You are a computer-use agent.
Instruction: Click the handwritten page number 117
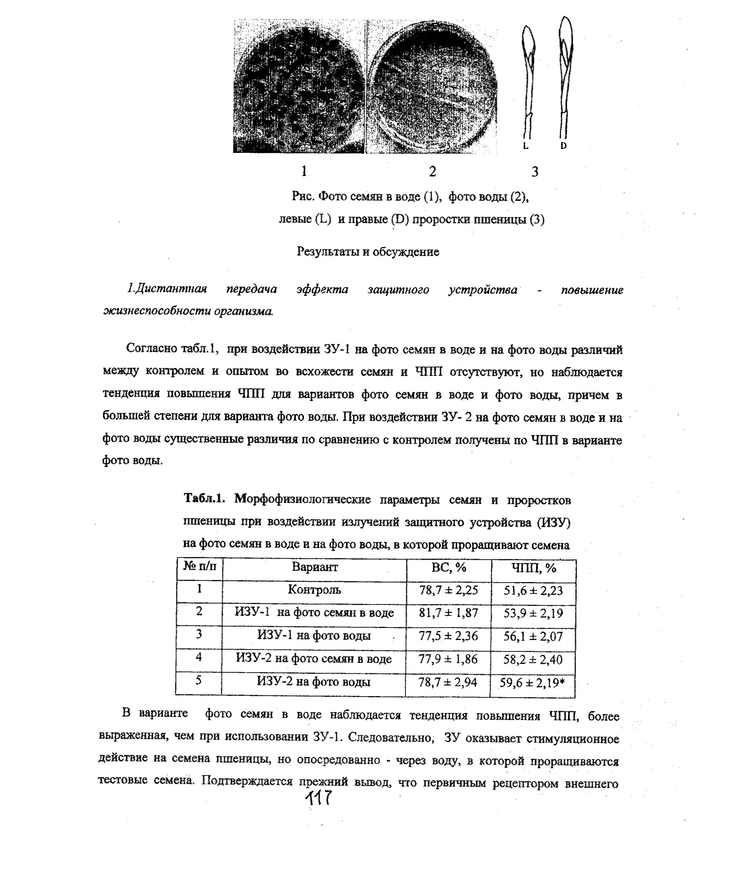(x=320, y=798)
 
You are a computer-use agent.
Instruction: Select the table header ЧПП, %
(x=534, y=568)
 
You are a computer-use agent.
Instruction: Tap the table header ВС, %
(x=449, y=567)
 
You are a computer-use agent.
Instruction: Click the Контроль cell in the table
(x=314, y=589)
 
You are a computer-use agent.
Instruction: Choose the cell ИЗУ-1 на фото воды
(x=314, y=636)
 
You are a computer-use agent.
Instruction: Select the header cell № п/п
(x=200, y=566)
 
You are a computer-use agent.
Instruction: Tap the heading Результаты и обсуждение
(x=368, y=252)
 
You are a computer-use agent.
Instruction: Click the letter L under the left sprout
(x=525, y=146)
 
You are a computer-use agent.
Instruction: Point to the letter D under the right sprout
(x=564, y=146)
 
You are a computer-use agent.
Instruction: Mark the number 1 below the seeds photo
(x=304, y=171)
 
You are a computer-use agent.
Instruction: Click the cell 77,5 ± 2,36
(x=448, y=636)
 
